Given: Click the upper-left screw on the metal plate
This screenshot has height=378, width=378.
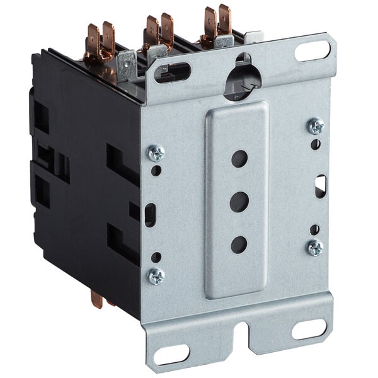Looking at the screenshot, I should coord(156,152).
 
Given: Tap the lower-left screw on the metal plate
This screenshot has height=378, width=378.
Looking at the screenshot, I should coord(156,275).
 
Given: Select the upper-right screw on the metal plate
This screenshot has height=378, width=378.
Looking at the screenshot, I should coord(316,126).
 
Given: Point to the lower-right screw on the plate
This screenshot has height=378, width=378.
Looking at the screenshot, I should coord(316,248).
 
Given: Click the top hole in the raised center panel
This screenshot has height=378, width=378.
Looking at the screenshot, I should coord(239,158).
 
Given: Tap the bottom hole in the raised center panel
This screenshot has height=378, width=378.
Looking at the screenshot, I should coord(239,244).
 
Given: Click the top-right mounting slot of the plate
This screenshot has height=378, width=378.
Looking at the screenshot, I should coord(312,51).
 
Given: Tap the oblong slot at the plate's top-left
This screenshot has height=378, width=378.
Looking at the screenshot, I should coord(171,72).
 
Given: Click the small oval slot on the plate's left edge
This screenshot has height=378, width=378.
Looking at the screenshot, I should coord(149,215).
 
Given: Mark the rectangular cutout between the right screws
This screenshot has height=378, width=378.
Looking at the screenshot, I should coord(320,186).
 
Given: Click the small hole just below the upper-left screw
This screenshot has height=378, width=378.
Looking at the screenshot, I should coord(156,170).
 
